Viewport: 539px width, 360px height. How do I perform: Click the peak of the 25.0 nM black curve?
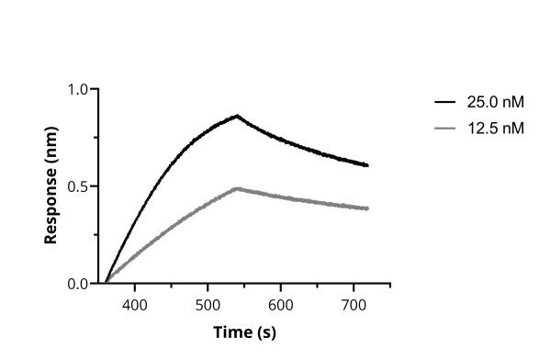pyautogui.click(x=237, y=116)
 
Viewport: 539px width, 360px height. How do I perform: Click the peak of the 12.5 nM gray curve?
pyautogui.click(x=237, y=188)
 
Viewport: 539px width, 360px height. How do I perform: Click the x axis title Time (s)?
pyautogui.click(x=244, y=332)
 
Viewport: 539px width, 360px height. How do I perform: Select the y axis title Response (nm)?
pyautogui.click(x=51, y=187)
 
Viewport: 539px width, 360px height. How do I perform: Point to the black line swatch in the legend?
pyautogui.click(x=445, y=102)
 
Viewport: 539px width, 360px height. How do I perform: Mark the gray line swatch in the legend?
pyautogui.click(x=445, y=128)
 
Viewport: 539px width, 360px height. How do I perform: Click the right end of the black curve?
pyautogui.click(x=367, y=165)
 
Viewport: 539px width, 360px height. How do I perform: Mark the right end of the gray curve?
pyautogui.click(x=367, y=208)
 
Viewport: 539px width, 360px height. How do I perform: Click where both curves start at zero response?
pyautogui.click(x=106, y=283)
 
